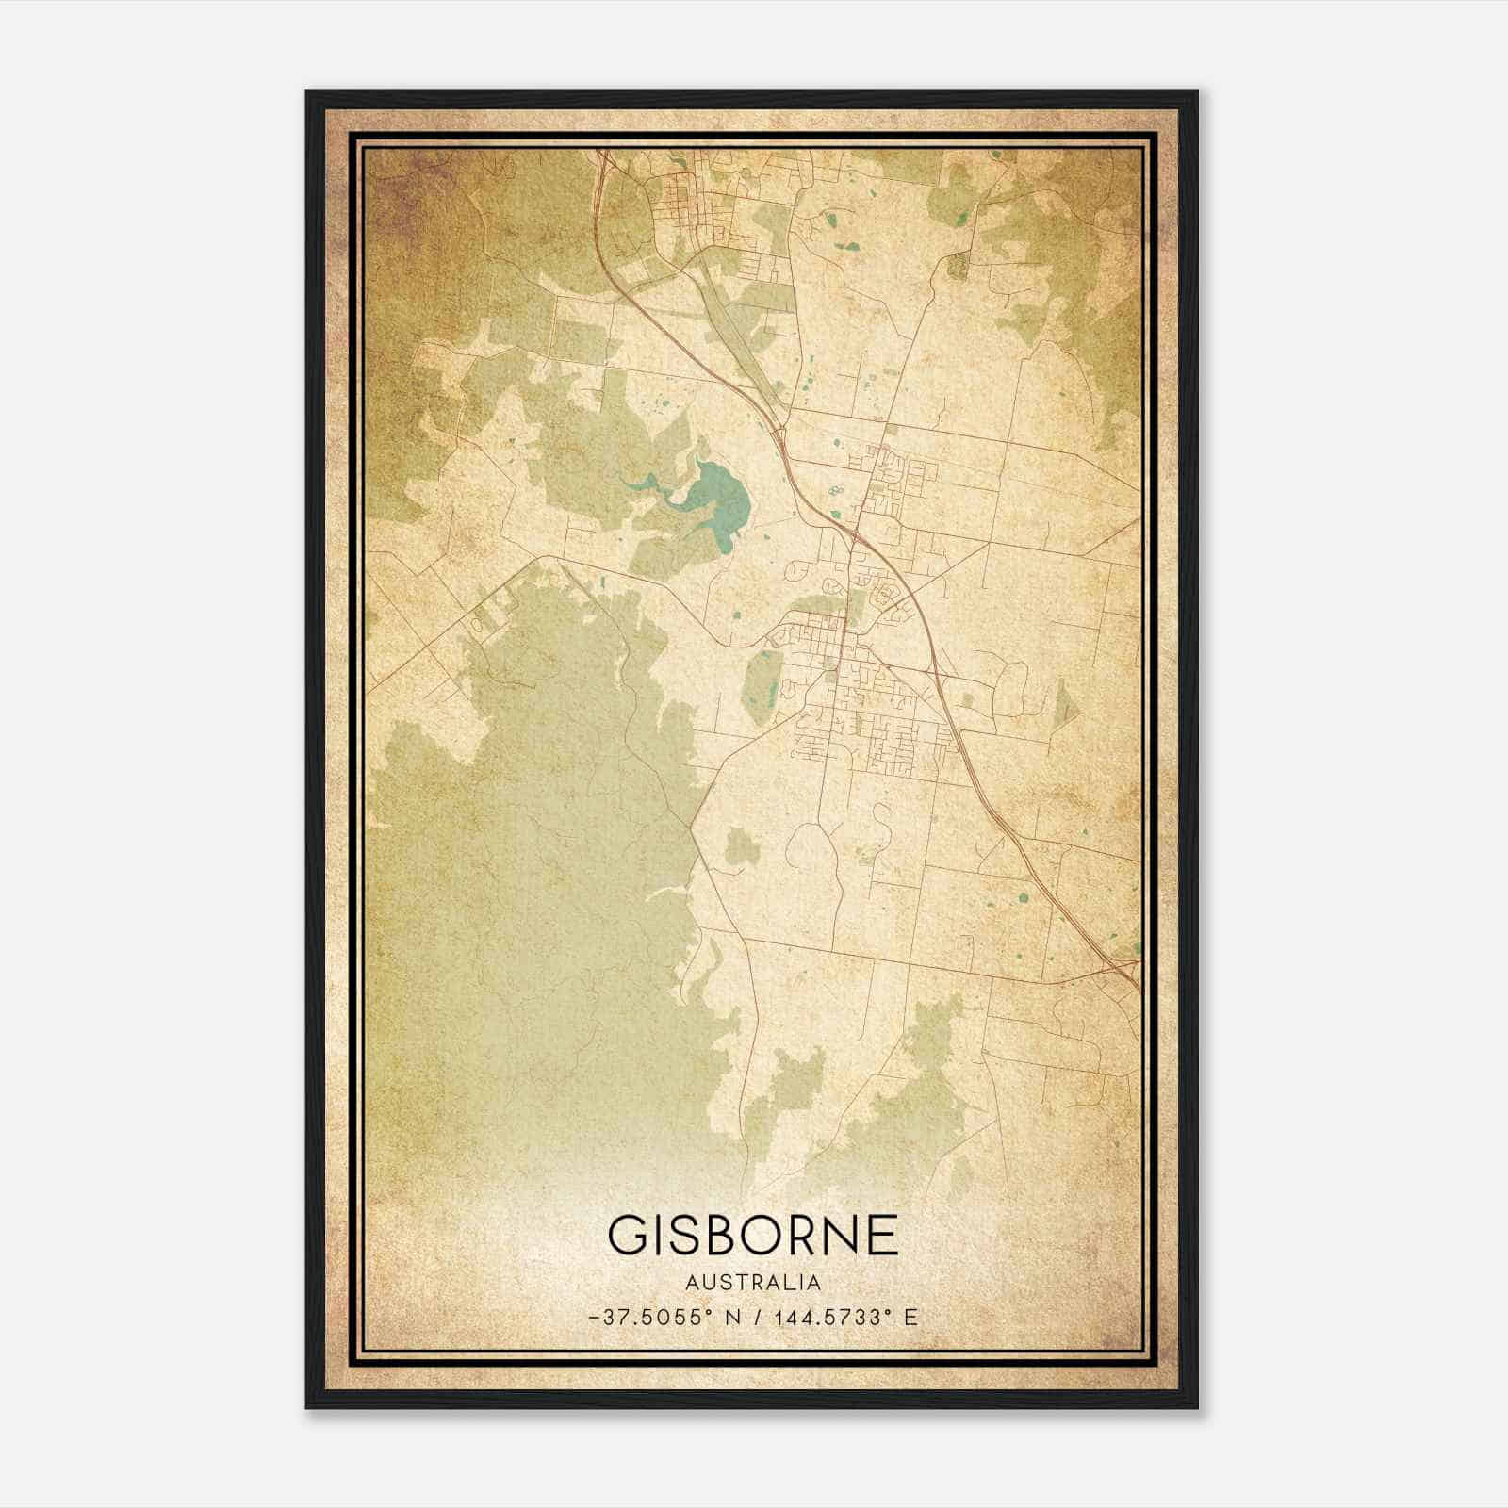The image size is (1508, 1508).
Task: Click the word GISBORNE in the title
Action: tap(753, 1235)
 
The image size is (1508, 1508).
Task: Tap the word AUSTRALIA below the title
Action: tap(753, 1283)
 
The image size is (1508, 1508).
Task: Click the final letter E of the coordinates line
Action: tap(910, 1318)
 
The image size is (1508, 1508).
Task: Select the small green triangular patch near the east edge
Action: tap(1064, 702)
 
